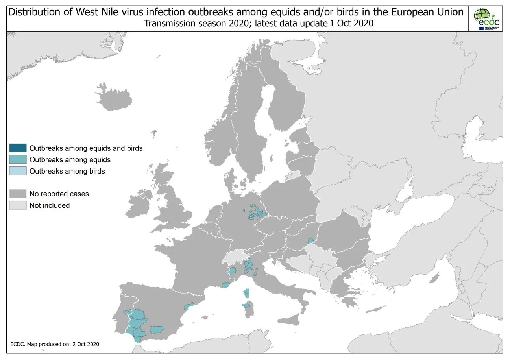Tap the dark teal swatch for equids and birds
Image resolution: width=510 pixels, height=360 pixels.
pos(18,148)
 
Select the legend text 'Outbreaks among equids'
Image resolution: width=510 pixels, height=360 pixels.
pos(70,160)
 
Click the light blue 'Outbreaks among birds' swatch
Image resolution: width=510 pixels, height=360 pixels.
pos(18,171)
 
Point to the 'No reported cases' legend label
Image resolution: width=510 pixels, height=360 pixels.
pos(59,194)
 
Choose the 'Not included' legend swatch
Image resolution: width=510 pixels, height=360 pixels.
pos(18,205)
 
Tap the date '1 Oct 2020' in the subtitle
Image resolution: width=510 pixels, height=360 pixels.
pos(351,24)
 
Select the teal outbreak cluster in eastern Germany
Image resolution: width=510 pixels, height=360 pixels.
pos(257,213)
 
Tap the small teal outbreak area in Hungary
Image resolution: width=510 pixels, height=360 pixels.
pos(310,241)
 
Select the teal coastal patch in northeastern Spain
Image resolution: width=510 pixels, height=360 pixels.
pos(190,306)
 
